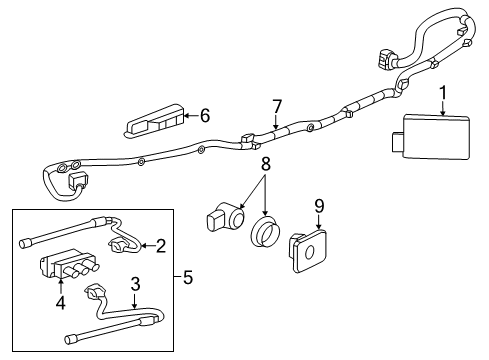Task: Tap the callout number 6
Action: (x=205, y=115)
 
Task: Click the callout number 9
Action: (x=320, y=207)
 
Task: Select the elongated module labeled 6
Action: (x=155, y=122)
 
